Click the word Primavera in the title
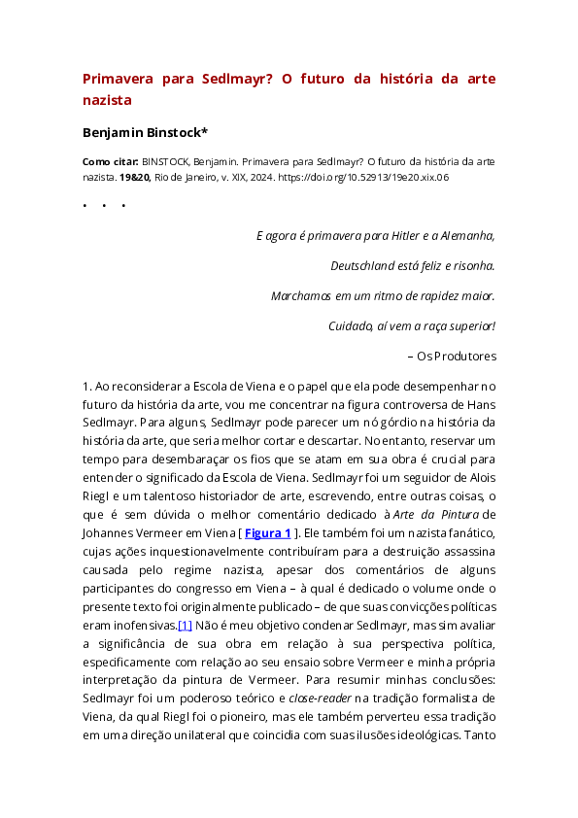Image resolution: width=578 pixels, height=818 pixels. pyautogui.click(x=116, y=79)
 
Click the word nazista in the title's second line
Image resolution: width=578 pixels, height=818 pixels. pyautogui.click(x=106, y=99)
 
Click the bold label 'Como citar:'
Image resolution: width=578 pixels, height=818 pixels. pyautogui.click(x=110, y=162)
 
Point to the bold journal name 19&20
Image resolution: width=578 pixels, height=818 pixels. pyautogui.click(x=133, y=178)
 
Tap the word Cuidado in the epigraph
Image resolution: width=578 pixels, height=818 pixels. pyautogui.click(x=352, y=325)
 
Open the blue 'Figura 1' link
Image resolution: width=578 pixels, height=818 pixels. pyautogui.click(x=267, y=532)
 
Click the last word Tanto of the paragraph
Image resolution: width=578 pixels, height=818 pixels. pyautogui.click(x=478, y=734)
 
